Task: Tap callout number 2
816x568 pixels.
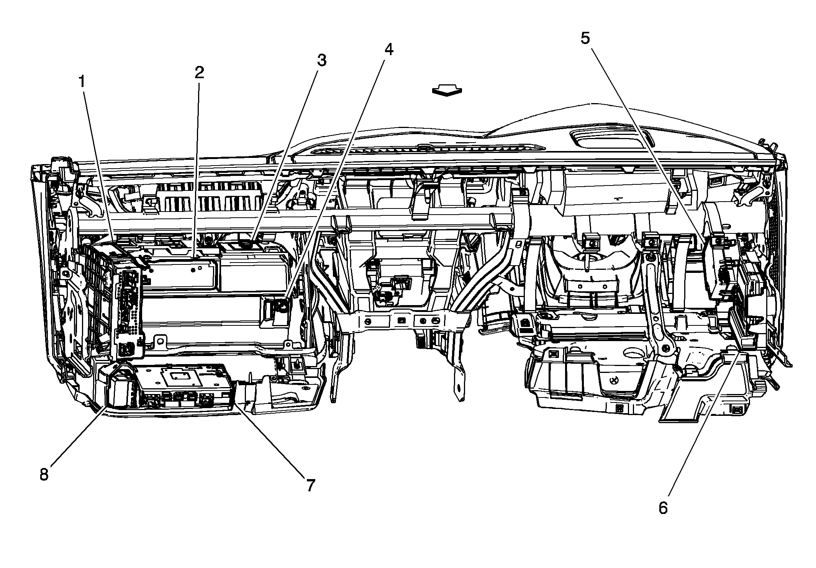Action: (199, 73)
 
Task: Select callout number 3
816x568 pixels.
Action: (321, 60)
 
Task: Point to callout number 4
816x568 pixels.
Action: (388, 49)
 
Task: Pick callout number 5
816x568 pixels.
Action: (585, 38)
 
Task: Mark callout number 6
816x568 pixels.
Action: (663, 508)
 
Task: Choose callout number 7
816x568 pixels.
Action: (310, 485)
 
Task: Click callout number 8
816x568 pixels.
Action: (44, 474)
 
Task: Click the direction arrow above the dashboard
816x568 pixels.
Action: (447, 91)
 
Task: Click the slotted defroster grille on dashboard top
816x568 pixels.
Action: (425, 149)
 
